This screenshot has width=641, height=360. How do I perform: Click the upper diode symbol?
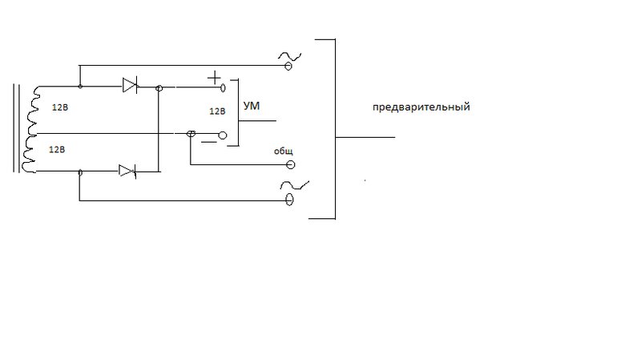click(130, 85)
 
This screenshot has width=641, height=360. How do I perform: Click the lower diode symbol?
click(127, 171)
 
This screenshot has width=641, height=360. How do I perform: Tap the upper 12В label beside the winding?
click(59, 107)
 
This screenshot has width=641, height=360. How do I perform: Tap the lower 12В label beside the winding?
click(56, 150)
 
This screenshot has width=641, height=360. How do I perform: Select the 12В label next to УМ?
click(217, 111)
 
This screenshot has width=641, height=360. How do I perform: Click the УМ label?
click(252, 106)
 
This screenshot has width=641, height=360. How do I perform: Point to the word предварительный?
click(421, 107)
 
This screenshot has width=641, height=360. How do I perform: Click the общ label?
click(284, 152)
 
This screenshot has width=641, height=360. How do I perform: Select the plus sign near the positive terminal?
click(214, 78)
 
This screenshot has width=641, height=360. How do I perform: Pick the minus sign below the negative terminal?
click(209, 143)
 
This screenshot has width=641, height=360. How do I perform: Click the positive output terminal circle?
click(223, 87)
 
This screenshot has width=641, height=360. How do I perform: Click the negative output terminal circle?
click(223, 136)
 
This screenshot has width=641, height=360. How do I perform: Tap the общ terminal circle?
click(291, 165)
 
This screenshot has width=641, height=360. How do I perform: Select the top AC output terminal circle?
click(288, 66)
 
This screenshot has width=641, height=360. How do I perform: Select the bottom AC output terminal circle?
click(289, 200)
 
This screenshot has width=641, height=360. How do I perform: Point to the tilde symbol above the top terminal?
click(289, 56)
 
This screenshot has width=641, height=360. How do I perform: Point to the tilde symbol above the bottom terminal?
click(294, 185)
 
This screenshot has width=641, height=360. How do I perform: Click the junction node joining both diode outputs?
click(159, 88)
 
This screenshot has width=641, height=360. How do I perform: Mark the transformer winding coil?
click(31, 129)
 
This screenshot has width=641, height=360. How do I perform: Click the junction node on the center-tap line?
click(191, 133)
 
